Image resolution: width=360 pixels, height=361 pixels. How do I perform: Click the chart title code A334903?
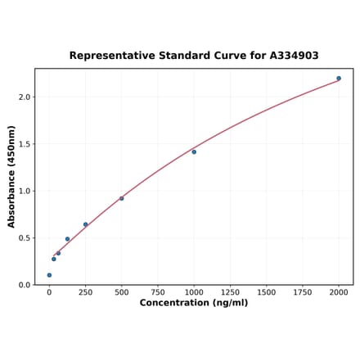click(x=290, y=56)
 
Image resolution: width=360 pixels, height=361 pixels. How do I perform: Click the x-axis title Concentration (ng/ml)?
click(x=194, y=303)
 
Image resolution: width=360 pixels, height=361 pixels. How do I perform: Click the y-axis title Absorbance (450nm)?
click(x=11, y=177)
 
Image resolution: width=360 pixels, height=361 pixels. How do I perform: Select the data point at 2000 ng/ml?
click(x=339, y=79)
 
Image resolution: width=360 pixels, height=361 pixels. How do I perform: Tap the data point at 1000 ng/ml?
click(x=194, y=151)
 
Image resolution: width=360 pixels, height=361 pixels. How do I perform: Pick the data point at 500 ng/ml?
click(x=122, y=198)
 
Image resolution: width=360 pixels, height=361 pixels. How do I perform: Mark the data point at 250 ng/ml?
click(x=85, y=224)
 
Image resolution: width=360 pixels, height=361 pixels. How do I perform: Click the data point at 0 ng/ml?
click(x=49, y=275)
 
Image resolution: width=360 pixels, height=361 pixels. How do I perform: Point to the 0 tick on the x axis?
click(x=49, y=291)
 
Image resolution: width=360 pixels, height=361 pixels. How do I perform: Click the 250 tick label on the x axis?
click(x=85, y=291)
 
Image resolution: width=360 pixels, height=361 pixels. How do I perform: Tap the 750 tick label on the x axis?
click(x=158, y=291)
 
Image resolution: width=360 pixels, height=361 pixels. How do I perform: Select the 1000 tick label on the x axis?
click(x=194, y=291)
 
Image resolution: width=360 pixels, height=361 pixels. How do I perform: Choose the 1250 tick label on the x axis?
click(x=230, y=291)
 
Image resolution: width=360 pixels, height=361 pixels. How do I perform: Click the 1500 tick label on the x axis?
click(x=267, y=291)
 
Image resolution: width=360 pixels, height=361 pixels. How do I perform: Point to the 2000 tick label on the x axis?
click(x=339, y=291)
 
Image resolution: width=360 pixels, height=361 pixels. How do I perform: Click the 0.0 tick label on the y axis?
click(x=24, y=285)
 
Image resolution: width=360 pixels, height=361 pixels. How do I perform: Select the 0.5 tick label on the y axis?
click(x=24, y=238)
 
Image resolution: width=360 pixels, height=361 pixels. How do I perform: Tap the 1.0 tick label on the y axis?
click(x=24, y=191)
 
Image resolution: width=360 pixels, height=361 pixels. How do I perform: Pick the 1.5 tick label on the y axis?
click(x=24, y=144)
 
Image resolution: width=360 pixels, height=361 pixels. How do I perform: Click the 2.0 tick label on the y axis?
click(x=24, y=97)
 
